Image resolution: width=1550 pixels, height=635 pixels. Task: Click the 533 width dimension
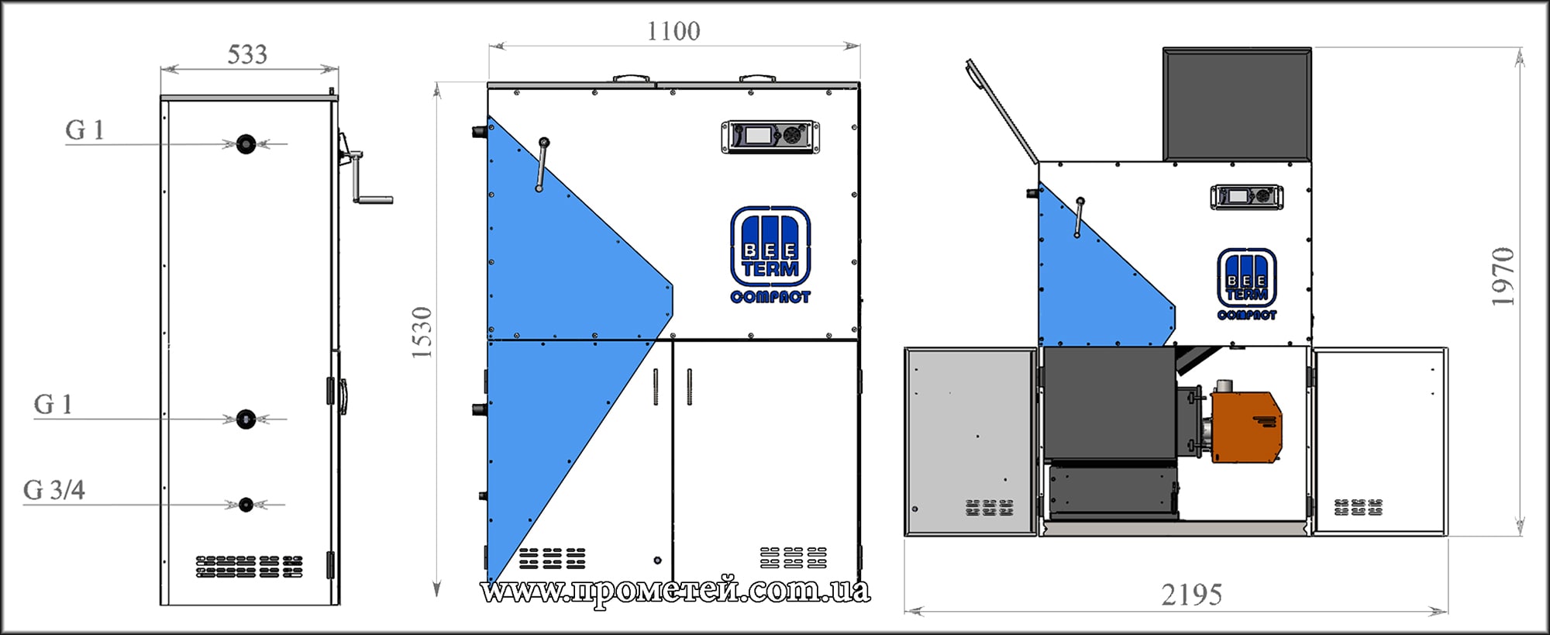[x=247, y=55]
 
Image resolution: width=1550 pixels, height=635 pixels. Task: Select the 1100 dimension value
[x=673, y=32]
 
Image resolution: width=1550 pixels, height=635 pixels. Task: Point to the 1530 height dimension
[x=422, y=333]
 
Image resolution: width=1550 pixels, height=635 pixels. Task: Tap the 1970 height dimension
[x=1503, y=276]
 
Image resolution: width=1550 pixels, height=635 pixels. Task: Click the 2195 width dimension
[x=1191, y=595]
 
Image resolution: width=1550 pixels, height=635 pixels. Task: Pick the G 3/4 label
[x=54, y=490]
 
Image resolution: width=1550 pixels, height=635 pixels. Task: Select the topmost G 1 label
[x=84, y=129]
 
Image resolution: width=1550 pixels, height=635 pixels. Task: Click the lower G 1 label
[x=53, y=404]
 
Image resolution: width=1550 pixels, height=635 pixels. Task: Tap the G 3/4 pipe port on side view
[x=246, y=505]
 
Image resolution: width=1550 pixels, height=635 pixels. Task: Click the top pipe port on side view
[x=246, y=143]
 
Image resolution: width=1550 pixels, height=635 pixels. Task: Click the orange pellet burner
[x=1245, y=427]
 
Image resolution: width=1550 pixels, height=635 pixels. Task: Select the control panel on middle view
[x=770, y=136]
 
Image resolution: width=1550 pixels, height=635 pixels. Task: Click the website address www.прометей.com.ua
[x=674, y=591]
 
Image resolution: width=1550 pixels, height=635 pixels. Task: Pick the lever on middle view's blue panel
[x=542, y=164]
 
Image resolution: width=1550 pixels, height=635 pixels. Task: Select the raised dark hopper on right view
[x=1237, y=105]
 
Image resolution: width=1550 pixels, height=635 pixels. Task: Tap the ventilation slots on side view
[x=249, y=567]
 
